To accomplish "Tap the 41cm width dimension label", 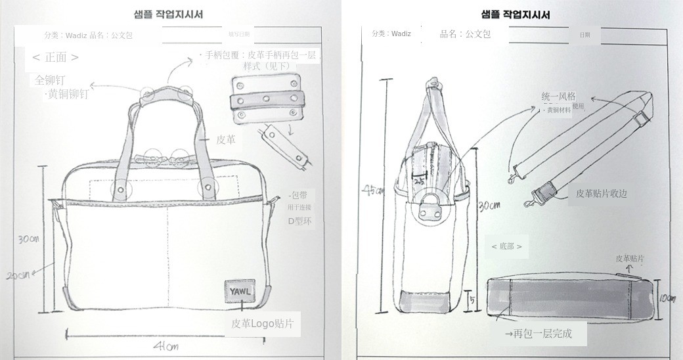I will point(165,346).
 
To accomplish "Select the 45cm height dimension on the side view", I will point(372,191).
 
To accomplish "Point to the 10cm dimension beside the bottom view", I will point(667,298).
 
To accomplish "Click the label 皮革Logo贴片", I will point(262,323).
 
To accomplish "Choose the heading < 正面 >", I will point(56,57).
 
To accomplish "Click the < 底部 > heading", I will point(506,246).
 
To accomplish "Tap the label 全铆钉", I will point(50,80).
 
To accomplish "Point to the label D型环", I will point(300,221).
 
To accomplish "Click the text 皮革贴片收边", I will point(602,193).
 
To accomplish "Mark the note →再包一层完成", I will point(538,334).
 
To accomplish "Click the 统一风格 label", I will point(558,96).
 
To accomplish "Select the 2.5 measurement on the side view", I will point(418,177).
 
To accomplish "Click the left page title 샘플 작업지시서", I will point(168,14).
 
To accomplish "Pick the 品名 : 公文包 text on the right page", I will point(465,34).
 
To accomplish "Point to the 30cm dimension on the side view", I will point(489,205).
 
